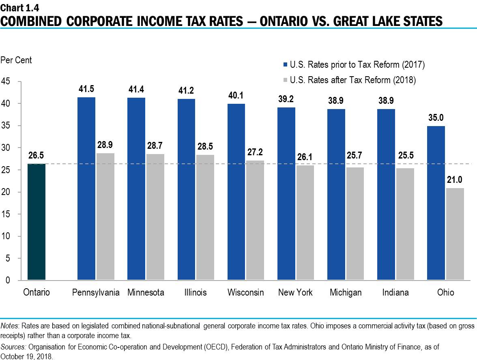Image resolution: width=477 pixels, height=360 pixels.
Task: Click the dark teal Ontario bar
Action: point(36,222)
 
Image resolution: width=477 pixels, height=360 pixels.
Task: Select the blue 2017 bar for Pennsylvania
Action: point(86,189)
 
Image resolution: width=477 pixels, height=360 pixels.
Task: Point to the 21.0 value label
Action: point(455,180)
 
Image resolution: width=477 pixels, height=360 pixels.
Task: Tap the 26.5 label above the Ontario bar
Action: point(36,156)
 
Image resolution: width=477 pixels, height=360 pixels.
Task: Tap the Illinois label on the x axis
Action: point(195,292)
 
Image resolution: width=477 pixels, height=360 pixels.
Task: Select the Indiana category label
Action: point(395,292)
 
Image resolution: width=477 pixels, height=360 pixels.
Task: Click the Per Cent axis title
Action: point(16,60)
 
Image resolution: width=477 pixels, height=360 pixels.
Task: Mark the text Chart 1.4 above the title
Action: point(17,7)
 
